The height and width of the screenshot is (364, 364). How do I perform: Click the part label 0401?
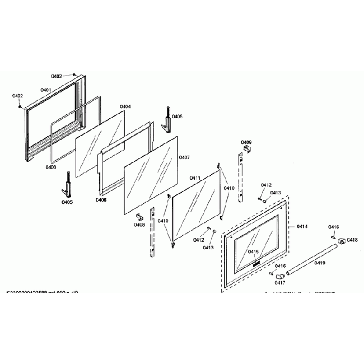point(46,90)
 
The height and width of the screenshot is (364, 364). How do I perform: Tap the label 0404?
point(125,106)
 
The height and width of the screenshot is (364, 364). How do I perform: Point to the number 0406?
point(101,199)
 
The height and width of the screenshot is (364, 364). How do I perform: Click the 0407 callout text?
point(184,158)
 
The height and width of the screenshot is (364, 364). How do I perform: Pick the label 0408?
point(139,225)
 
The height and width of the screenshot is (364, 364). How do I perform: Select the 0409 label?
point(246,143)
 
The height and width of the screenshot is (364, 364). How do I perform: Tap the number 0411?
point(195,178)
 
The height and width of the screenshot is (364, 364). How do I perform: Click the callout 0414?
point(302,226)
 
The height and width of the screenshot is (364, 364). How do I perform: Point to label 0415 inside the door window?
point(253,251)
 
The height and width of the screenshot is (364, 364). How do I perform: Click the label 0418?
point(352,240)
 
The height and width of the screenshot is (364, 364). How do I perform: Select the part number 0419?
point(319,263)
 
